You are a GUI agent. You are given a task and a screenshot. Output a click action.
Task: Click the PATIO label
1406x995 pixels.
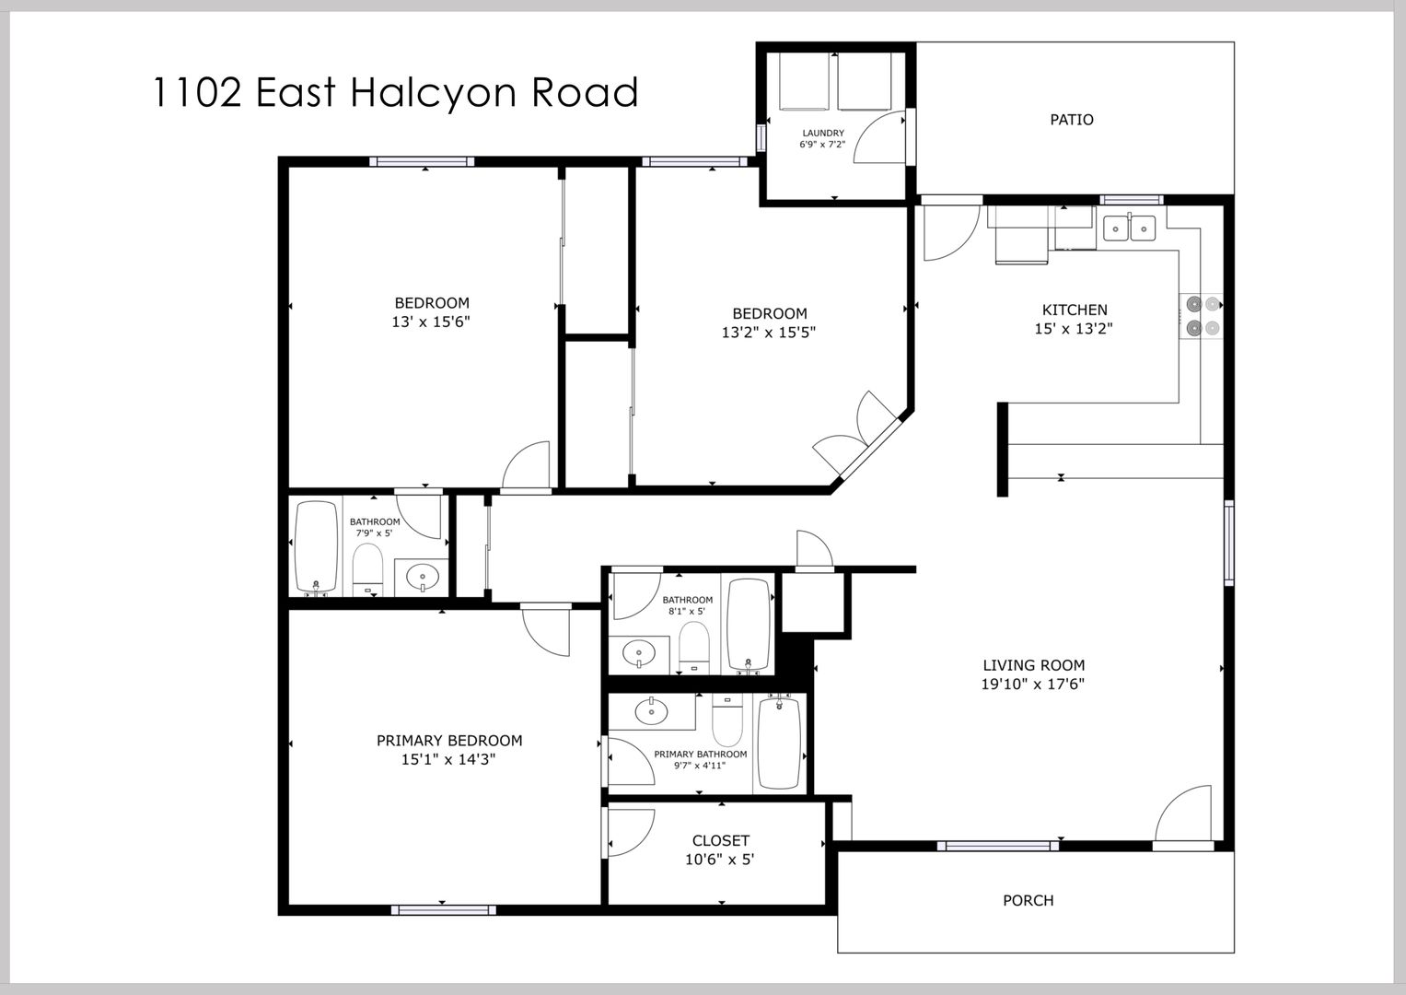pyautogui.click(x=1072, y=120)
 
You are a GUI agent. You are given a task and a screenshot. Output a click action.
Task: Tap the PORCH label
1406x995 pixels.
pyautogui.click(x=1028, y=900)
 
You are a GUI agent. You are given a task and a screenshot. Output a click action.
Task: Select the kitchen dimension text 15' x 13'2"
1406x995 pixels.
pyautogui.click(x=1074, y=329)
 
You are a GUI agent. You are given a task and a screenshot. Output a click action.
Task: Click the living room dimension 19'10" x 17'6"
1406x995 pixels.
pyautogui.click(x=1033, y=684)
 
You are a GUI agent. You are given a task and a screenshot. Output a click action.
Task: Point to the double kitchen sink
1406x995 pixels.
pyautogui.click(x=1130, y=228)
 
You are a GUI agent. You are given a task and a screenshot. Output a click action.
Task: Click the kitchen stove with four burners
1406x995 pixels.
pyautogui.click(x=1202, y=316)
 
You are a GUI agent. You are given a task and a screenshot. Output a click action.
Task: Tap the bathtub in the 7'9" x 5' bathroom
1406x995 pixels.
pyautogui.click(x=317, y=545)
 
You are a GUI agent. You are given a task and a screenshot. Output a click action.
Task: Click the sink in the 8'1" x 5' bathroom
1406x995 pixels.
pyautogui.click(x=639, y=654)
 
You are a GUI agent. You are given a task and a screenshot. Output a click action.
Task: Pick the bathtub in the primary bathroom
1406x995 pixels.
pyautogui.click(x=779, y=743)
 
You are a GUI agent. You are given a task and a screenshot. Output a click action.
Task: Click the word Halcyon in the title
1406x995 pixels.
pyautogui.click(x=433, y=93)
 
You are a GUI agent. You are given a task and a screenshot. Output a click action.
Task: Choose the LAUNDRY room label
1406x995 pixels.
pyautogui.click(x=823, y=134)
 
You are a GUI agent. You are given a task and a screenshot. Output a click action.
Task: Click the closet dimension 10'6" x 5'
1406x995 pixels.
pyautogui.click(x=719, y=859)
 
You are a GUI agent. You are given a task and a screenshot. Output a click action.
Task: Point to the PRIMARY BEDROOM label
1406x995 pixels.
pyautogui.click(x=449, y=741)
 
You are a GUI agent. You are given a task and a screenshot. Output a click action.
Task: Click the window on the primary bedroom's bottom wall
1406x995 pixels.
pyautogui.click(x=443, y=909)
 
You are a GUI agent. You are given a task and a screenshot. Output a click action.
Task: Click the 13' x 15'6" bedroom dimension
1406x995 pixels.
pyautogui.click(x=431, y=322)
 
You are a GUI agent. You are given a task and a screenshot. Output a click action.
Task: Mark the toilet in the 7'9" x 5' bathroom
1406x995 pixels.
pyautogui.click(x=367, y=568)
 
